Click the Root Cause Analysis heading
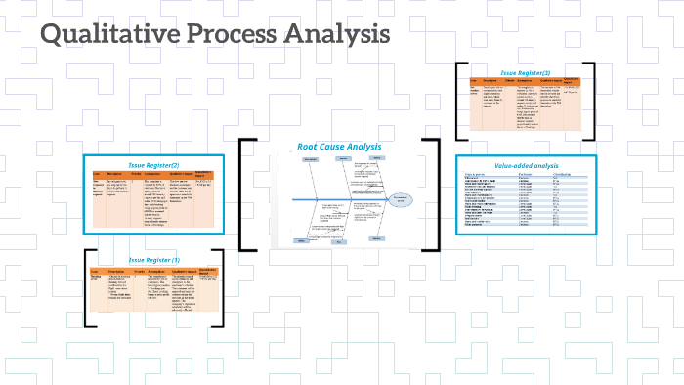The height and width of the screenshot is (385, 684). tap(338, 148)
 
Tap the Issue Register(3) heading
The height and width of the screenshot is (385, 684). tap(526, 73)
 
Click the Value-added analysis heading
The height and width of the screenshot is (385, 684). tap(525, 167)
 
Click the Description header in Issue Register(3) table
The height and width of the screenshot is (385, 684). tap(492, 82)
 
